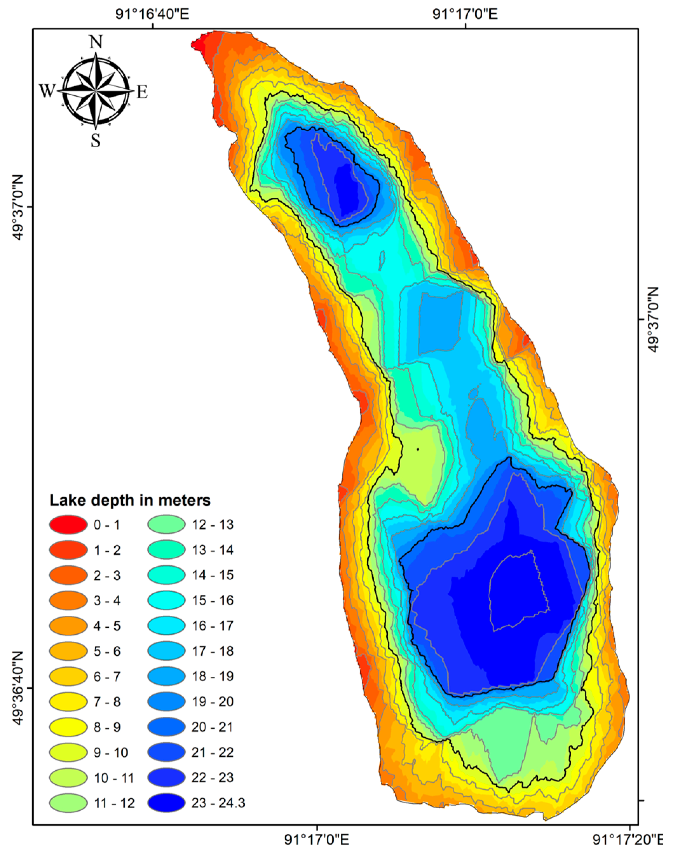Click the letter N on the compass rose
96,41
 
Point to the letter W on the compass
47,91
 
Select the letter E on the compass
142,92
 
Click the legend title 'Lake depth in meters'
130,500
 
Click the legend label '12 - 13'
213,525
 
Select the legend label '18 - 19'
213,676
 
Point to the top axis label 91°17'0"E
465,15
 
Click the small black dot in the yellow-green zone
418,449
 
